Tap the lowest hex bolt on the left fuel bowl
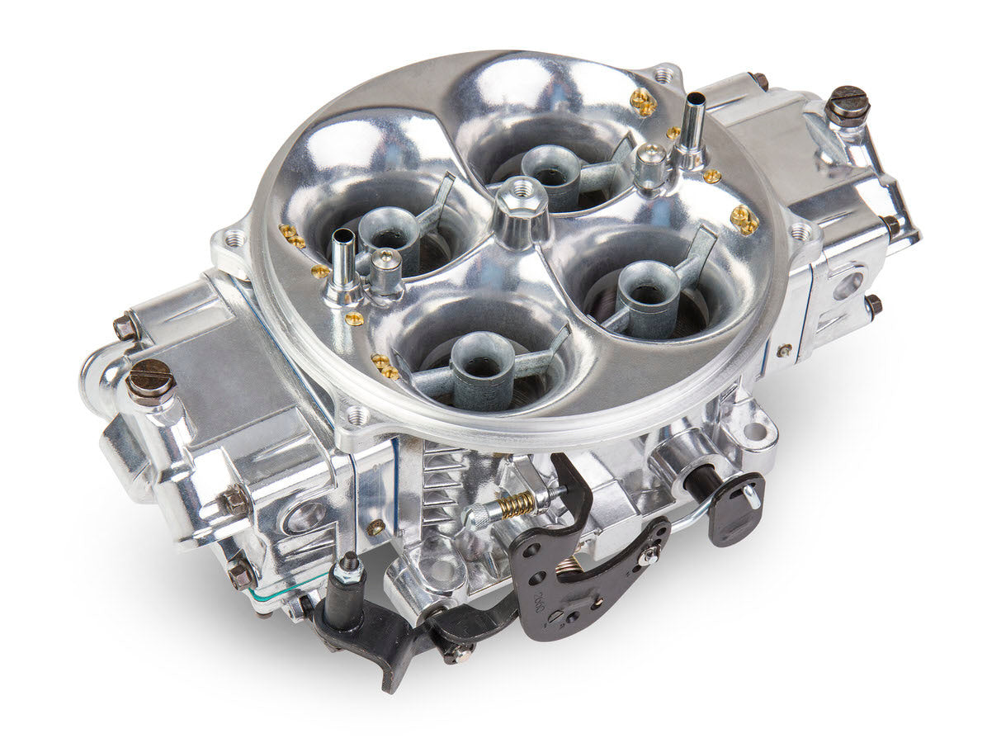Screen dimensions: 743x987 [x=241, y=575]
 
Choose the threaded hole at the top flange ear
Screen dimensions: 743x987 [x=664, y=75]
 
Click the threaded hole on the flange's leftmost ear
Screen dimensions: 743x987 [x=234, y=239]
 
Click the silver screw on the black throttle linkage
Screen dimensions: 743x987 [x=649, y=556]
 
